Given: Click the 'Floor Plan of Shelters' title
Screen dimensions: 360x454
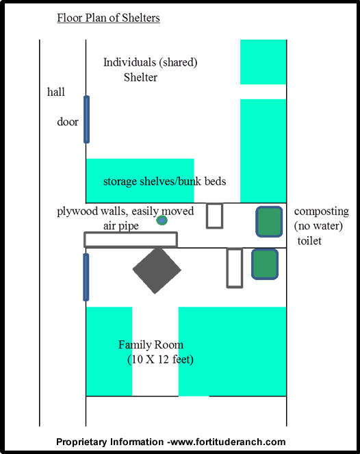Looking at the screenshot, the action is click(108, 18).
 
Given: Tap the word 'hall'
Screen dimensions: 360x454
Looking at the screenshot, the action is click(56, 92).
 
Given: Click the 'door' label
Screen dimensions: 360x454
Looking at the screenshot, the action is click(68, 122).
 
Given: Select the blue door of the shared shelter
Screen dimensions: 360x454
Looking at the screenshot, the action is click(86, 120).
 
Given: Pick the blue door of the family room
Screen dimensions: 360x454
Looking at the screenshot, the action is click(86, 277).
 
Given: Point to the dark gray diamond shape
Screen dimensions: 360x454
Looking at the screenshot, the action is click(157, 270).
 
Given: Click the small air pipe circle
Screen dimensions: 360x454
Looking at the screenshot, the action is click(162, 220).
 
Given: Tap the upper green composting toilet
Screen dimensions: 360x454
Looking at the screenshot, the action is click(269, 222).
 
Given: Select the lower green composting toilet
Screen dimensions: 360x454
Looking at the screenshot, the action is click(265, 264).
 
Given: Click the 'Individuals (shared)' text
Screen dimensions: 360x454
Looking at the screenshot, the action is click(150, 62).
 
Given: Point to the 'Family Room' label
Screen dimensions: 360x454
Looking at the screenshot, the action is click(151, 344).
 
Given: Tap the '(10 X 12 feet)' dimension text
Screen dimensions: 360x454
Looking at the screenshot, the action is click(160, 360).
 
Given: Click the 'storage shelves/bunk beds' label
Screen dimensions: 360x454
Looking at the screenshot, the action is click(164, 181).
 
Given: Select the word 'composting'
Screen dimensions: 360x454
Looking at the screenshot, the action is click(322, 212).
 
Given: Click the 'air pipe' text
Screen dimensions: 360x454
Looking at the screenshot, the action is click(121, 226).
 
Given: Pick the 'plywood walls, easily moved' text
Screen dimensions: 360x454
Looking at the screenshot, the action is click(125, 211).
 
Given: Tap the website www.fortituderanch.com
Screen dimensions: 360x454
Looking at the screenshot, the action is click(228, 442).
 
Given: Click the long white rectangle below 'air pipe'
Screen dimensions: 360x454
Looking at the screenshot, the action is click(131, 240).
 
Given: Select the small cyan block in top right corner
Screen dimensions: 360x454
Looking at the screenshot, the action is click(263, 62).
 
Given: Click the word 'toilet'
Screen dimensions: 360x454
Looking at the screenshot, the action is click(309, 241).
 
